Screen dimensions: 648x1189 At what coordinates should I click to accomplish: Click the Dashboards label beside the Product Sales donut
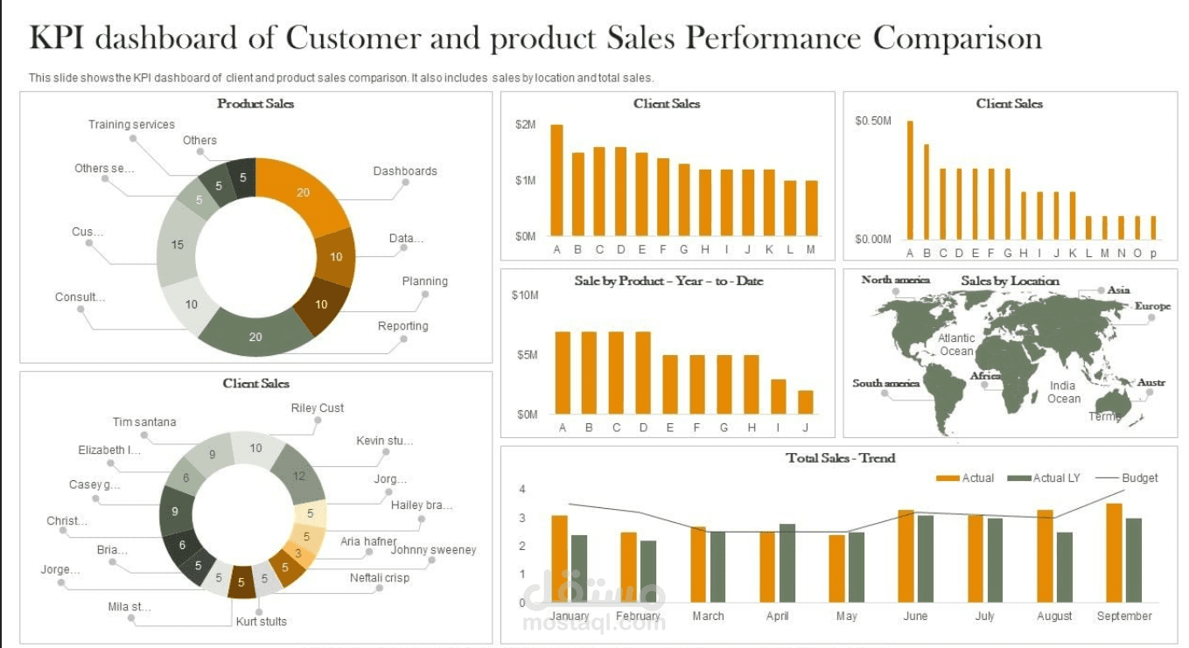coord(404,171)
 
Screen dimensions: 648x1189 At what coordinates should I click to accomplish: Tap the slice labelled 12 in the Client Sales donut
coord(298,476)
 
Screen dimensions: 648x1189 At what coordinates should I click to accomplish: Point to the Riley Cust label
coord(317,408)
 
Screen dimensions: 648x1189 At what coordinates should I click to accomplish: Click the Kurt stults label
coord(261,622)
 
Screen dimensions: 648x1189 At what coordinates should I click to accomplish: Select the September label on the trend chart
coord(1123,617)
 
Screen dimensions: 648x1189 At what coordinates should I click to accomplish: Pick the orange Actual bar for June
coord(906,555)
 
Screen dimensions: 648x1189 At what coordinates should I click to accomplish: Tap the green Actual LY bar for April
coord(787,562)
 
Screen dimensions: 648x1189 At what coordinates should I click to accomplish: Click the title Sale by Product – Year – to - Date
coord(668,281)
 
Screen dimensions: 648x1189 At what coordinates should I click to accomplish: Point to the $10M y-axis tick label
coord(524,296)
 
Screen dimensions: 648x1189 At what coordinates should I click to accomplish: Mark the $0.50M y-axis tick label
coord(872,121)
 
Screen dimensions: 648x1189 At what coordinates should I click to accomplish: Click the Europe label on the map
coord(1151,306)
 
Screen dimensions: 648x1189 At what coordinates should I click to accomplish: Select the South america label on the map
coord(885,383)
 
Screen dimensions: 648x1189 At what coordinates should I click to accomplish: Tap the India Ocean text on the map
coord(1063,392)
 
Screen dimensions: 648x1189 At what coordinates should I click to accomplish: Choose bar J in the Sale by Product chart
coord(805,401)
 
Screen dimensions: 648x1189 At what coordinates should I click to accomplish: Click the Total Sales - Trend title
coord(840,458)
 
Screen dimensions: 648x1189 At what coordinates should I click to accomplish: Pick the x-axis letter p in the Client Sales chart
coord(1153,254)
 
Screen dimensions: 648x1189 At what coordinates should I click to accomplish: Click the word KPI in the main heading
coord(59,38)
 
